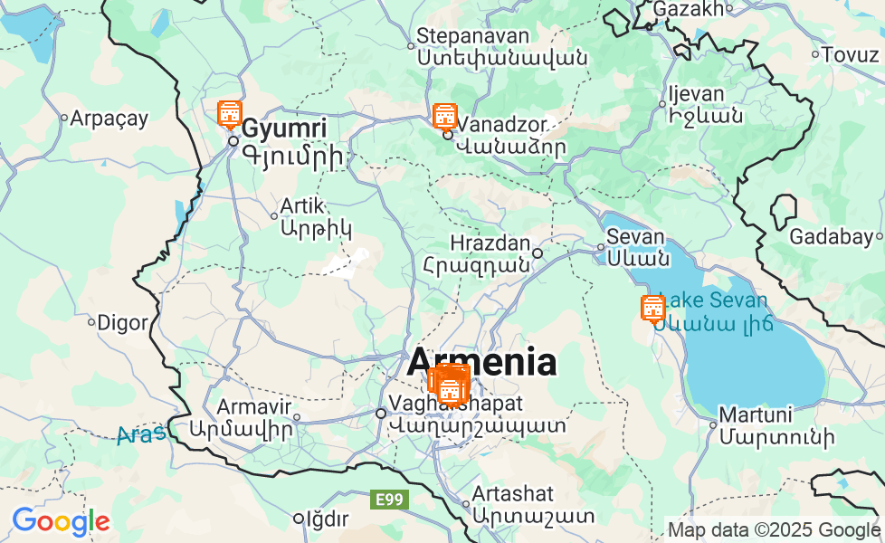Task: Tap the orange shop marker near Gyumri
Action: point(230,115)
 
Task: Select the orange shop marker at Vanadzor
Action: point(444,117)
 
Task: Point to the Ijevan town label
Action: point(696,94)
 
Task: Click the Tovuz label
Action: point(850,54)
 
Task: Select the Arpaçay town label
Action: point(109,118)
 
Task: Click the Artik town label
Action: point(302,205)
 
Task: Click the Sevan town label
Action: point(635,237)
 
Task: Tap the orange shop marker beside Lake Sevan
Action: point(652,309)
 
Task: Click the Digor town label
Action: point(121,321)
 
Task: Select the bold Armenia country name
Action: point(481,362)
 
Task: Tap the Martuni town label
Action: point(755,416)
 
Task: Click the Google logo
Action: point(61,521)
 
